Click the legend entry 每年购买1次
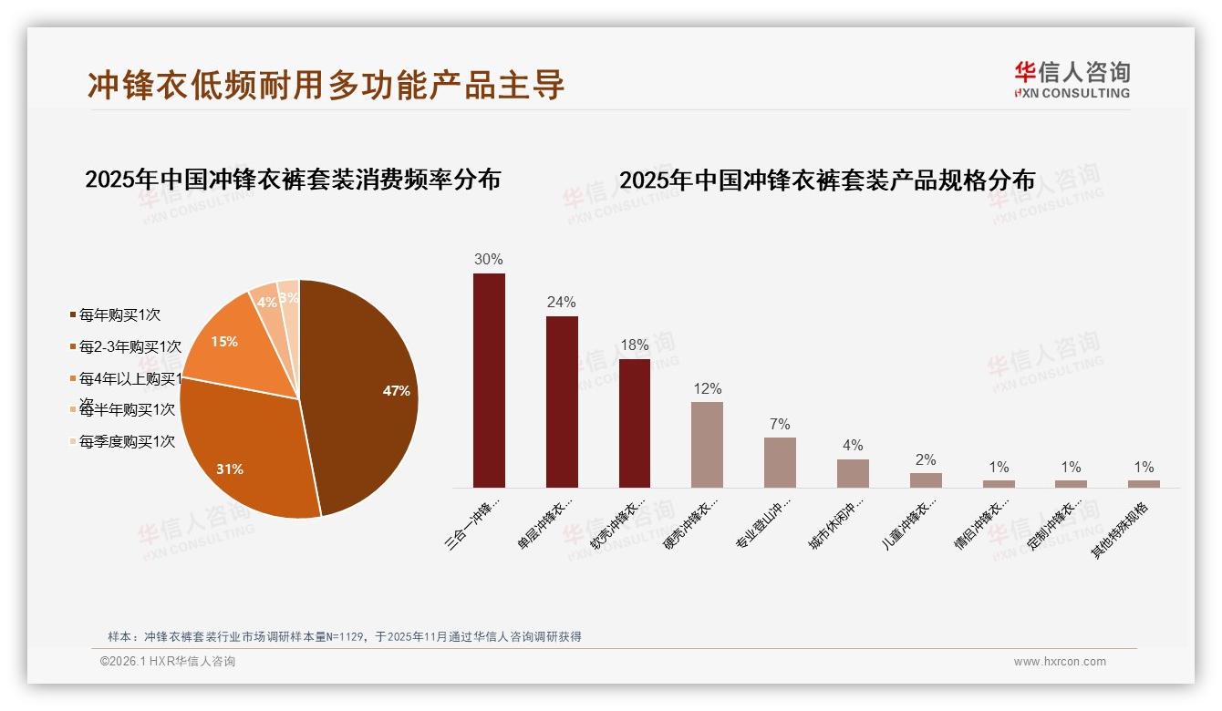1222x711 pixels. tap(119, 314)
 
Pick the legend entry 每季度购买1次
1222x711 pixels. tap(127, 442)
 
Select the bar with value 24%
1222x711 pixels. tap(562, 402)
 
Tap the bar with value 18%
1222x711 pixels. tap(635, 423)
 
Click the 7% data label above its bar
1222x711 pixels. tap(780, 425)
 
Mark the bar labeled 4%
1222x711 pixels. tap(853, 473)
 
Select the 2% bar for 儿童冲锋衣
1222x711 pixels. tap(926, 479)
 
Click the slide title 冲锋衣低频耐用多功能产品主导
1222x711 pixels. tap(326, 84)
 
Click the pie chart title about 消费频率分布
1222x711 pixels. tap(293, 179)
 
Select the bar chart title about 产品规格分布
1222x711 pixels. tap(827, 180)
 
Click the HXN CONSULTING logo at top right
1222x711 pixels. tap(1072, 79)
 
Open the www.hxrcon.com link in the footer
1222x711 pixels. tap(1060, 662)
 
